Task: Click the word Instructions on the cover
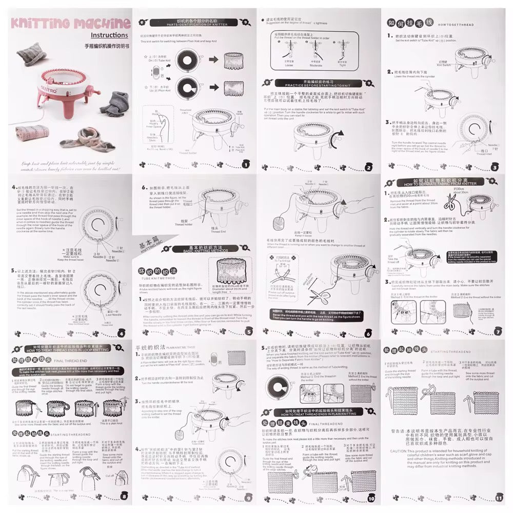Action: coord(109,35)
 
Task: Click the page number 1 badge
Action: coord(245,165)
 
